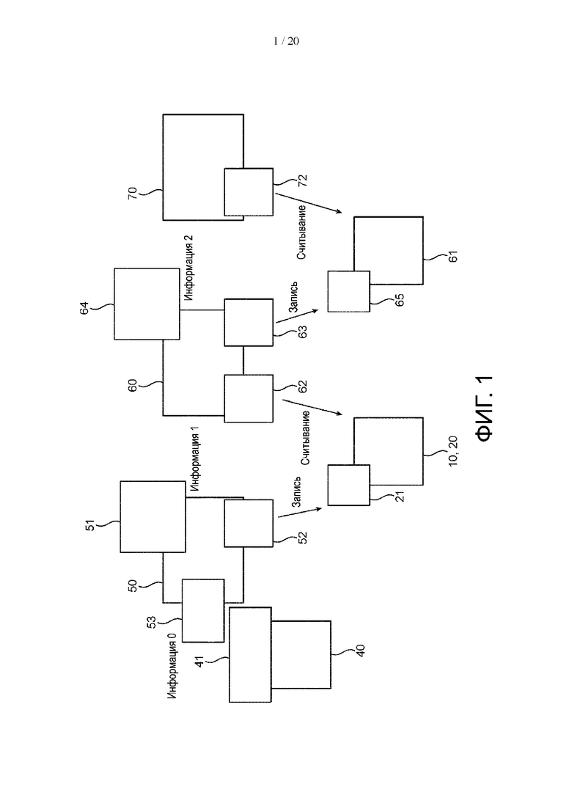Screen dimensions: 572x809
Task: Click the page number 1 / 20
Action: click(x=286, y=41)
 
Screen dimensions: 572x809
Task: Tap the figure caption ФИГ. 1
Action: click(x=485, y=409)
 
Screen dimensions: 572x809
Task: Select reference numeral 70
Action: click(x=133, y=193)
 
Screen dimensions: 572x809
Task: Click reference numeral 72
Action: click(x=303, y=180)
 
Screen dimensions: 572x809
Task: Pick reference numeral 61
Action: click(x=453, y=256)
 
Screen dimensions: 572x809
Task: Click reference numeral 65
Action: click(x=399, y=300)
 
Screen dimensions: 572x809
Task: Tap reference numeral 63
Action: click(x=303, y=332)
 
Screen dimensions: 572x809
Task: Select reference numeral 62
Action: click(x=303, y=387)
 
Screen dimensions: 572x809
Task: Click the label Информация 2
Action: click(x=188, y=268)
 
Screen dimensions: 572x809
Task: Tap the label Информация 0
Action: click(x=172, y=666)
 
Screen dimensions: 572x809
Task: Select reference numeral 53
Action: click(x=152, y=622)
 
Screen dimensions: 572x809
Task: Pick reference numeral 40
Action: click(x=361, y=651)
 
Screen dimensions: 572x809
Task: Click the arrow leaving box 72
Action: click(x=309, y=202)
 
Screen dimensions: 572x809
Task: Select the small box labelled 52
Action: click(x=249, y=523)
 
